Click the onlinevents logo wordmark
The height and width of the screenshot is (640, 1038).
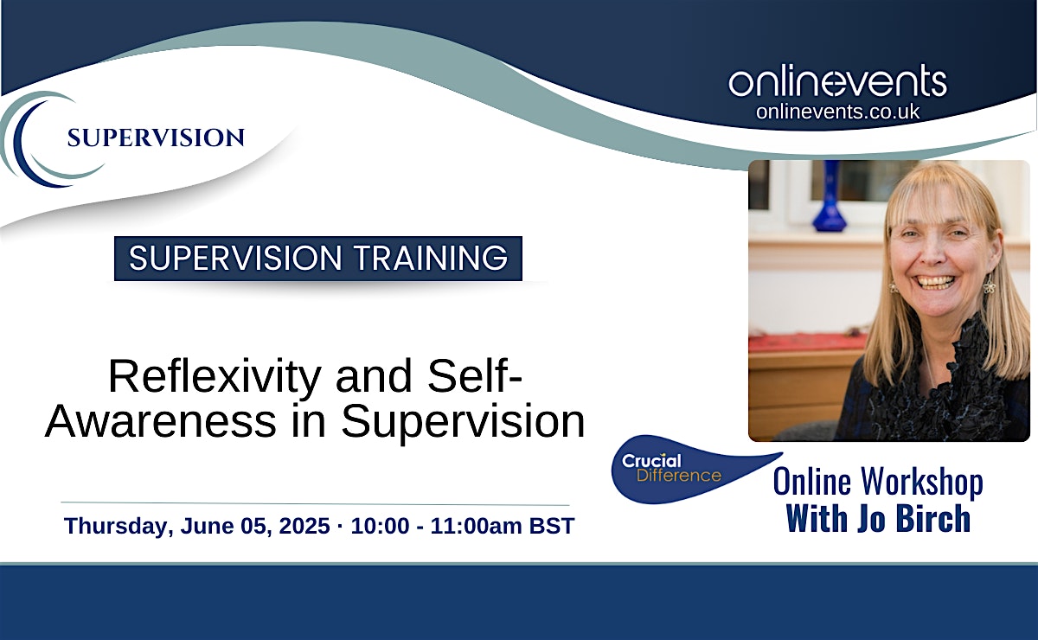(837, 80)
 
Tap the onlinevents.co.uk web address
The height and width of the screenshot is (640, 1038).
(838, 112)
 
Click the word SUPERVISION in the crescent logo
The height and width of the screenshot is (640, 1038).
(156, 138)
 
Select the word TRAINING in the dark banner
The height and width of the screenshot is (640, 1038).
(431, 258)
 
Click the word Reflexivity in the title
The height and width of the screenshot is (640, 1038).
(215, 377)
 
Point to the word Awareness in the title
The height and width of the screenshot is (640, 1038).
(161, 421)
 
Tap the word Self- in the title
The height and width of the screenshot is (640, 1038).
(475, 376)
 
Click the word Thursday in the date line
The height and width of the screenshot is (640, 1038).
(119, 526)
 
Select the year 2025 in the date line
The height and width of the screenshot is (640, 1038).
(304, 526)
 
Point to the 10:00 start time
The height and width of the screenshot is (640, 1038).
(380, 526)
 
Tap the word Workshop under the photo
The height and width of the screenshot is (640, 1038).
(922, 483)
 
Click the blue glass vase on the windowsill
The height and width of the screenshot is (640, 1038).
(830, 197)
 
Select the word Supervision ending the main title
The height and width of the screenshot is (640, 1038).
(464, 421)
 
